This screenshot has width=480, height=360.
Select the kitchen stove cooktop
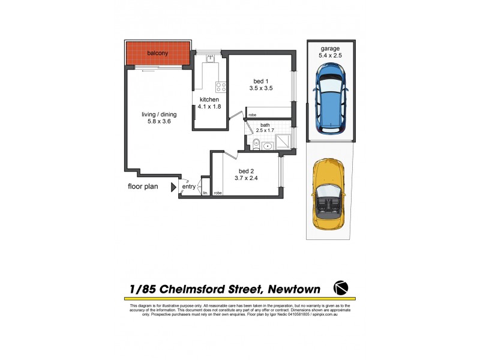click(221, 86)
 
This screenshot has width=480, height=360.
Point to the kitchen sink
click(210, 58)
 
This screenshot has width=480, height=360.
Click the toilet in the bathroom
click(256, 143)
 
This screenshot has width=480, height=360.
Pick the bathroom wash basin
click(268, 145)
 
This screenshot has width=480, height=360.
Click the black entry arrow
click(173, 187)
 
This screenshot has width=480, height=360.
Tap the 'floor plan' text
click(143, 187)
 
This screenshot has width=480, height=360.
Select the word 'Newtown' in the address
click(292, 289)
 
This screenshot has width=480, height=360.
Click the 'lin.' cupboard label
click(205, 193)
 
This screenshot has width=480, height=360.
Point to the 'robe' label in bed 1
click(252, 115)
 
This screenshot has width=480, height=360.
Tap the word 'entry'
click(189, 187)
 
